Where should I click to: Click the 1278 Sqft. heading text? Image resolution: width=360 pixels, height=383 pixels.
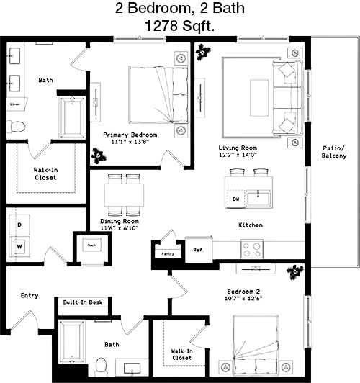(x=180, y=26)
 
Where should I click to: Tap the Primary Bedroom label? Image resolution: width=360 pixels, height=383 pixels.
(x=130, y=135)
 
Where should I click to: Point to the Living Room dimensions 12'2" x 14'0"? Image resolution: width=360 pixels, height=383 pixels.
(x=238, y=155)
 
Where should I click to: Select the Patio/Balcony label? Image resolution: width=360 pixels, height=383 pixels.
(x=334, y=152)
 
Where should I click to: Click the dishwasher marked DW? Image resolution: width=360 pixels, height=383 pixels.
(x=235, y=199)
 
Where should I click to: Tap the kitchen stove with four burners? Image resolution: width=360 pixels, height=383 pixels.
(x=252, y=249)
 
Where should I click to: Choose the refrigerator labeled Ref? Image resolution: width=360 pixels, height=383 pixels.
(x=199, y=250)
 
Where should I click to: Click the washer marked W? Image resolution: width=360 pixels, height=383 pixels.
(x=19, y=247)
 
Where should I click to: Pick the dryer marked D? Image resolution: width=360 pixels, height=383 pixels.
(x=19, y=225)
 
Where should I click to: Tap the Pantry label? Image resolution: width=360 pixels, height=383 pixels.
(x=168, y=254)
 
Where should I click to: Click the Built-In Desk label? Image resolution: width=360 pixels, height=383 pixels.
(x=83, y=302)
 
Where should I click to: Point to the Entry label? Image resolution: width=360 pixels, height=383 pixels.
(x=30, y=296)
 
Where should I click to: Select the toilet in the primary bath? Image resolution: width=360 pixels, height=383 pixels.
(x=16, y=127)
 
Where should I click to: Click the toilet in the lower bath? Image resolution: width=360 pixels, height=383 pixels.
(x=101, y=367)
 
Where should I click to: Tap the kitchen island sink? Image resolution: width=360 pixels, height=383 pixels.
(x=258, y=199)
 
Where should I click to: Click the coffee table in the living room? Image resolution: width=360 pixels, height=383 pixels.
(x=259, y=98)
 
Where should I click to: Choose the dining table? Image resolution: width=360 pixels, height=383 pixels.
(x=124, y=195)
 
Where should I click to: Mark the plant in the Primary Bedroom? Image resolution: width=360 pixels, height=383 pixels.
(x=99, y=156)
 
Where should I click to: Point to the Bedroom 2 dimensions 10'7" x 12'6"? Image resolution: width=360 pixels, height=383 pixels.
(x=243, y=298)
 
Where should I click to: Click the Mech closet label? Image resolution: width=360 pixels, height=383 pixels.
(x=92, y=245)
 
